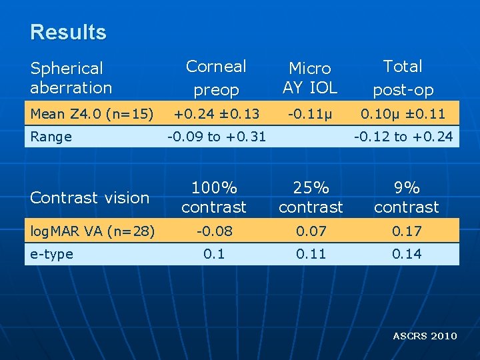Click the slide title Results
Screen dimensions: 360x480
68,32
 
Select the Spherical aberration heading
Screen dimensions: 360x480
71,78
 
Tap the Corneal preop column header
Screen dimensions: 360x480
216,78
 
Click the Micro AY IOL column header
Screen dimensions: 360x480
310,78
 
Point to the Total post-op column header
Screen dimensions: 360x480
403,78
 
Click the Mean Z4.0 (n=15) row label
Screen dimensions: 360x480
92,115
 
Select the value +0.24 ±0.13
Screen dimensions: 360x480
216,115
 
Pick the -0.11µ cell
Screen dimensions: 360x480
310,115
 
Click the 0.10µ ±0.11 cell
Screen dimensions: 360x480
403,115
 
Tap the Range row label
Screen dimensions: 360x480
51,137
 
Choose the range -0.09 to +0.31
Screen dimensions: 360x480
216,137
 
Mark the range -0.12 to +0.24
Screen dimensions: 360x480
403,137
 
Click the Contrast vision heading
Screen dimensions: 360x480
90,197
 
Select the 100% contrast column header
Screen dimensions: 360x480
214,197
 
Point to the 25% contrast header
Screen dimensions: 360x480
311,197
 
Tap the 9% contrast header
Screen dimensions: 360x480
406,197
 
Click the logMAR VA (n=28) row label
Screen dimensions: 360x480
93,231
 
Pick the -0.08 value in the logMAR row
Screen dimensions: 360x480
214,231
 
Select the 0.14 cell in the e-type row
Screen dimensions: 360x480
406,254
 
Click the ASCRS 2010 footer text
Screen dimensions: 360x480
425,336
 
